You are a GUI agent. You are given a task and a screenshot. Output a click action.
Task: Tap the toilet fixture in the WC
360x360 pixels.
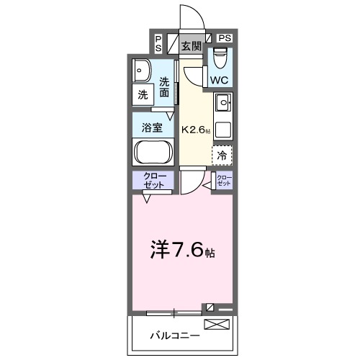[x=220, y=56]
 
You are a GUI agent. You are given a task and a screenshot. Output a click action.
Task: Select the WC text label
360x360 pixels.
[x=220, y=79]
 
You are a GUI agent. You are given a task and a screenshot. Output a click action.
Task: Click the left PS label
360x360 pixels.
[x=158, y=43]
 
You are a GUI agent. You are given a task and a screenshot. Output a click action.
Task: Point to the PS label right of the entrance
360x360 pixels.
[x=225, y=37]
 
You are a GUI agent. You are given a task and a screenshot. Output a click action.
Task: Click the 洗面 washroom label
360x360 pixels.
[x=165, y=86]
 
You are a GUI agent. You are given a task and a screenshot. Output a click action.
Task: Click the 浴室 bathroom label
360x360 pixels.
[x=151, y=128]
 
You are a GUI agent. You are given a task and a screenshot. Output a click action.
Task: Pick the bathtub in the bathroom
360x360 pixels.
[x=152, y=153]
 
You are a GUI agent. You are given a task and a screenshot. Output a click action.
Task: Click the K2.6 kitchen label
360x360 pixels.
[x=197, y=130]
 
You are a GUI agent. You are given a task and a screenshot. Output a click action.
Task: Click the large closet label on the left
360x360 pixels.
[x=152, y=181]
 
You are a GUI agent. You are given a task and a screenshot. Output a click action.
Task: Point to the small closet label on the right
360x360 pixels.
[x=224, y=180]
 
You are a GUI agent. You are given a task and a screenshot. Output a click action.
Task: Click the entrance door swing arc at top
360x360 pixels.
[x=189, y=18]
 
